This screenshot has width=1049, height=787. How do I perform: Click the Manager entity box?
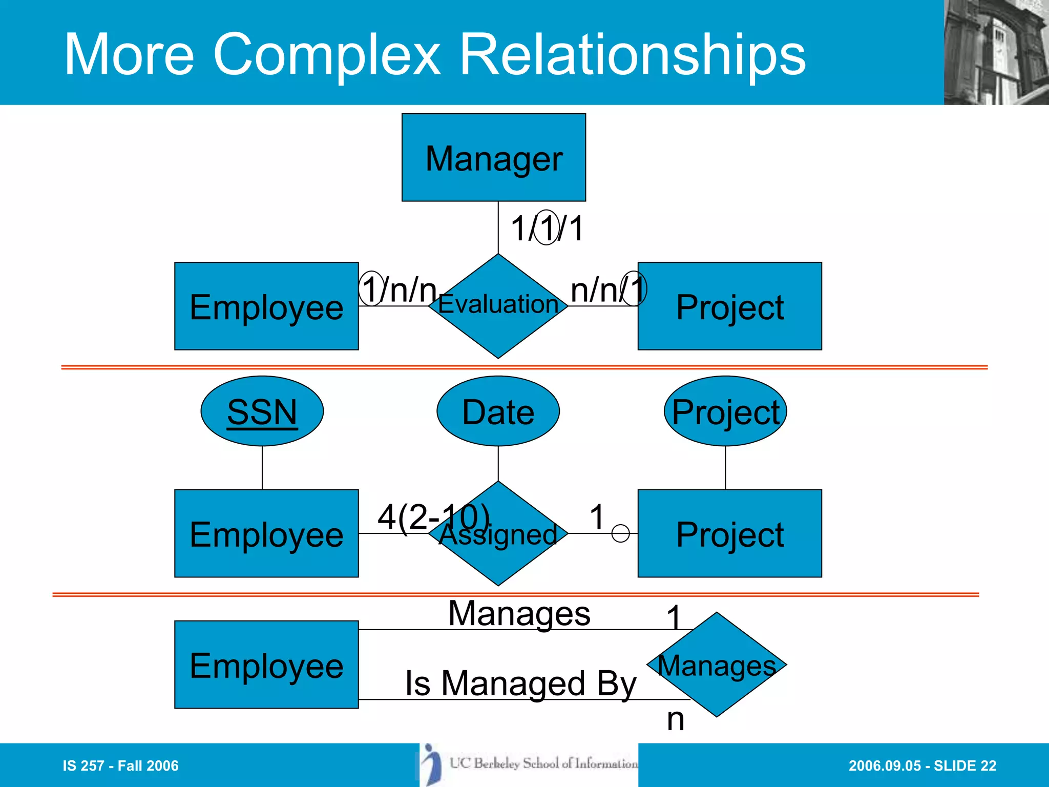tap(493, 157)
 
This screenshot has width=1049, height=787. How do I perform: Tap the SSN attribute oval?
tap(262, 411)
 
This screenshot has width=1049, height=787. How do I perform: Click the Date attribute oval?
tap(498, 411)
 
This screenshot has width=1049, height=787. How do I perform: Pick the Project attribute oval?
tap(725, 411)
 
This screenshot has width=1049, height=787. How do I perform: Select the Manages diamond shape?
tap(717, 665)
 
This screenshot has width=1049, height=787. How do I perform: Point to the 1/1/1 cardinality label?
tap(547, 228)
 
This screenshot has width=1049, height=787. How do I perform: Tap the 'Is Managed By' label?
tap(520, 683)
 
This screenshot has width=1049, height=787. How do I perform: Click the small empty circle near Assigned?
tap(620, 533)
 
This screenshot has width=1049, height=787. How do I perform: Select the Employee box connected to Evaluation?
tap(266, 306)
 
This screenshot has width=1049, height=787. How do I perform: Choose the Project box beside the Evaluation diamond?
tap(729, 306)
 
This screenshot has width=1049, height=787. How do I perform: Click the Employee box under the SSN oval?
tap(266, 533)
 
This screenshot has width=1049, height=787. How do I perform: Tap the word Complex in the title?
tap(326, 54)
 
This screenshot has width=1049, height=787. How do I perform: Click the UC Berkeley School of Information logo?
tap(529, 764)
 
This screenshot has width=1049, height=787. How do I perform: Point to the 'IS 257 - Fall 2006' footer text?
tap(120, 765)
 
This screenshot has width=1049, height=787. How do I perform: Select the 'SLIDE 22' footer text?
tap(965, 765)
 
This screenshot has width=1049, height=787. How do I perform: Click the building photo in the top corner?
tap(996, 52)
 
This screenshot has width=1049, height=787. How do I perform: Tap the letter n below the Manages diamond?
tap(675, 719)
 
